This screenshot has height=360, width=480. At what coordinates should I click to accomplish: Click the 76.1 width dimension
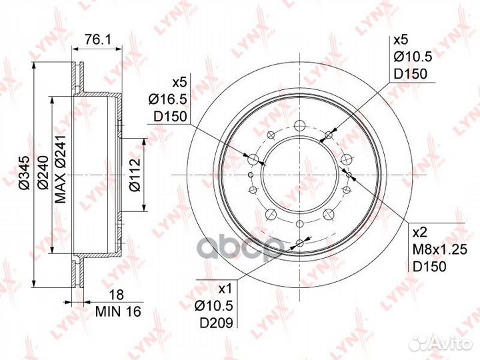tap(98, 39)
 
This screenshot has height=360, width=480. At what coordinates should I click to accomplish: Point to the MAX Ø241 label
tap(60, 169)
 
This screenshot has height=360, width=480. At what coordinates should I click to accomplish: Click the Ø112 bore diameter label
tap(135, 175)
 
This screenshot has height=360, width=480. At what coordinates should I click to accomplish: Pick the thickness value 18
tap(117, 295)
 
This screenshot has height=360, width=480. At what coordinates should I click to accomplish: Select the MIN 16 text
tap(118, 311)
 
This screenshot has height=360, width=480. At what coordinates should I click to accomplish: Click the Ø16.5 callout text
tap(168, 99)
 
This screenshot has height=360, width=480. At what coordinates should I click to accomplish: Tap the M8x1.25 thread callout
tap(440, 250)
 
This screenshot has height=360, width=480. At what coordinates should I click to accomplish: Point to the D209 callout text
tap(217, 323)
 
